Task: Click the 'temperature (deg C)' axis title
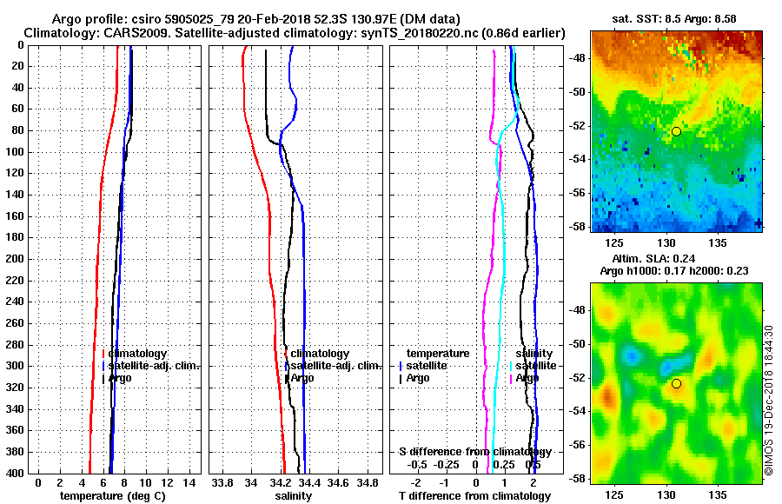point(112,496)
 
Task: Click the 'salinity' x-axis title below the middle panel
point(294,496)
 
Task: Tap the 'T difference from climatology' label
point(475,496)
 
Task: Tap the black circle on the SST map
point(676,131)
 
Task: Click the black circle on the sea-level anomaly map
point(676,383)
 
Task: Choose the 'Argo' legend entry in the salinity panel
point(302,378)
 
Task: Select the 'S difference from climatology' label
point(475,453)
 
